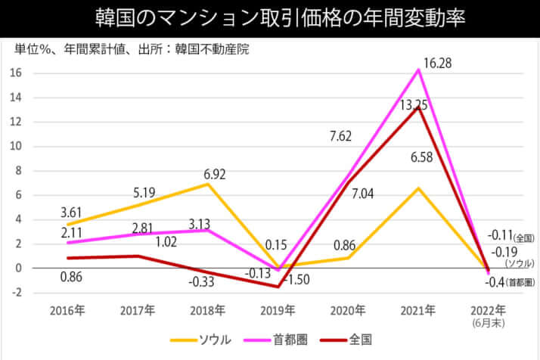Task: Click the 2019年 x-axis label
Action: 278,310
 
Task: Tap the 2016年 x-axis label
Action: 67,310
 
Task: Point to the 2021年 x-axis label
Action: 418,310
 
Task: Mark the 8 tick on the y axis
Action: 21,171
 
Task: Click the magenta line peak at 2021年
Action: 418,70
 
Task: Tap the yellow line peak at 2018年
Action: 208,184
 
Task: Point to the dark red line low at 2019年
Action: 278,287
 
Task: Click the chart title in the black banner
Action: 270,17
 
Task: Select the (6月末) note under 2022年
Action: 489,322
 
